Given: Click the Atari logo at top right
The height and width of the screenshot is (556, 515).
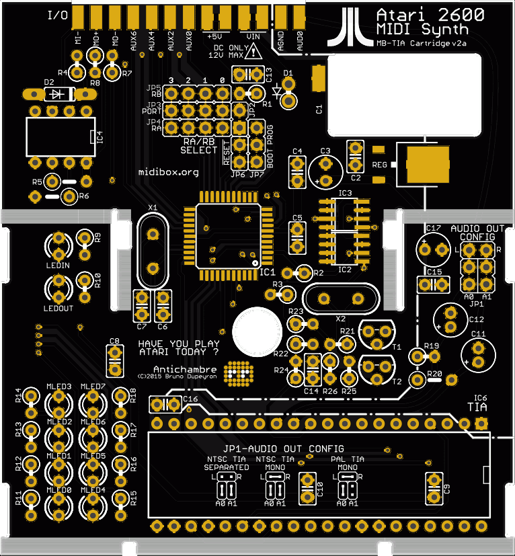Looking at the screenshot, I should click(x=351, y=26).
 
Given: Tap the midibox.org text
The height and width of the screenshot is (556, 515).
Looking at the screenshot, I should click(x=168, y=172).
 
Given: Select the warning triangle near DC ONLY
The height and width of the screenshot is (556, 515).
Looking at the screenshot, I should click(x=253, y=51).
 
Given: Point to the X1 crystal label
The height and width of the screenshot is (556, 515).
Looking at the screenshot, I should click(x=152, y=207).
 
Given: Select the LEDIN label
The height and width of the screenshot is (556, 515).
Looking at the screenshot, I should click(x=58, y=265).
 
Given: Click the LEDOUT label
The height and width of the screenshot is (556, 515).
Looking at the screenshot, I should click(x=58, y=308).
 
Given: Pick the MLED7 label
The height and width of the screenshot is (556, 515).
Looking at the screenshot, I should click(x=93, y=387).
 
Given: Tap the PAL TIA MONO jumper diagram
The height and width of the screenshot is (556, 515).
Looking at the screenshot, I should click(x=348, y=477).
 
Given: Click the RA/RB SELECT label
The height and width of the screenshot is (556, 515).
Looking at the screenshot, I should click(x=199, y=146).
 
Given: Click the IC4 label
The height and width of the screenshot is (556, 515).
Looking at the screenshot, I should click(x=100, y=136).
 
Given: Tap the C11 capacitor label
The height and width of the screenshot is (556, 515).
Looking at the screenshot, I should click(x=478, y=334).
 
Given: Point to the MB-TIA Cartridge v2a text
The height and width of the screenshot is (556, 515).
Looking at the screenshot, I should click(x=422, y=44).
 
